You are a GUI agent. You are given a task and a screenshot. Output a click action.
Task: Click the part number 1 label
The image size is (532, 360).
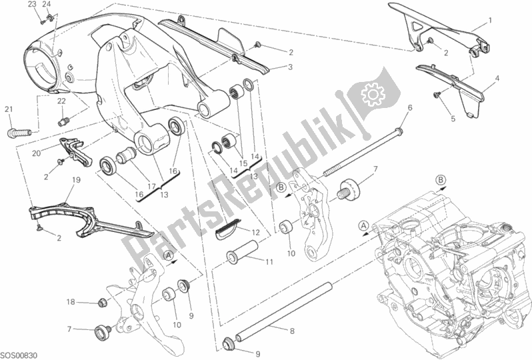coord(489,20)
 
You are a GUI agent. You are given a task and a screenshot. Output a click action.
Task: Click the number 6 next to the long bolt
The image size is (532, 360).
coord(410,107)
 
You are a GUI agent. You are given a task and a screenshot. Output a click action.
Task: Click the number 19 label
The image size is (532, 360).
coord(75,179)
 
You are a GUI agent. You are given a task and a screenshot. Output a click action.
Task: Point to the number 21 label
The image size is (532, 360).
coord(9,109)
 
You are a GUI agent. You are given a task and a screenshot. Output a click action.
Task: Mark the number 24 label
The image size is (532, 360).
coord(47,4)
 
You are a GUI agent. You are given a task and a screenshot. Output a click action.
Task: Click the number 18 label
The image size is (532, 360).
coord(70,302)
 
